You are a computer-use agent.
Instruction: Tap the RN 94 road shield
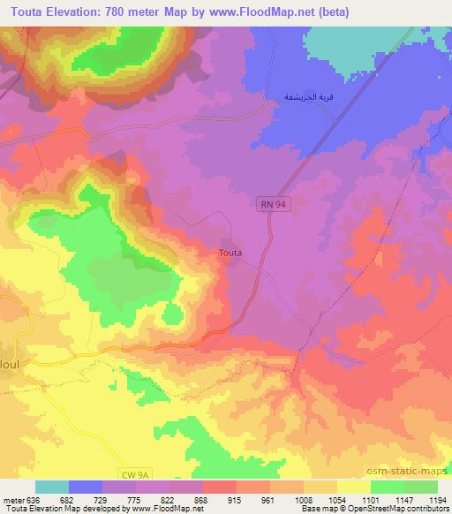tap(272, 204)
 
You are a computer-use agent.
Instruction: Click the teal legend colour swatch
tap(52, 488)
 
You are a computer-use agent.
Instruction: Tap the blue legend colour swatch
tap(86, 488)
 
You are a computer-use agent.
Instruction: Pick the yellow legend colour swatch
tap(354, 488)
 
